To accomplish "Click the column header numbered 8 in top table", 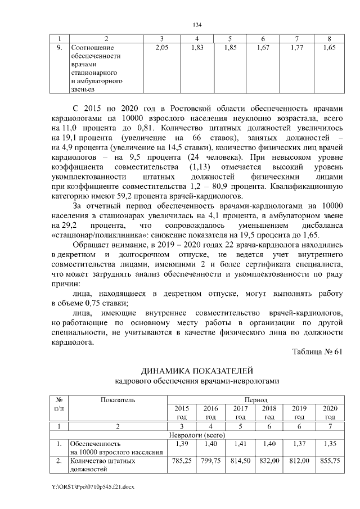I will coord(329,38).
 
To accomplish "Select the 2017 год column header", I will coord(240,412).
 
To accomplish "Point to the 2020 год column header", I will coord(330,412).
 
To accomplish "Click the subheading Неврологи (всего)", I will coord(197,435).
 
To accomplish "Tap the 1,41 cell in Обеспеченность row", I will coord(240,444).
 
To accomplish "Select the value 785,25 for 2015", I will coord(182,461).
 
